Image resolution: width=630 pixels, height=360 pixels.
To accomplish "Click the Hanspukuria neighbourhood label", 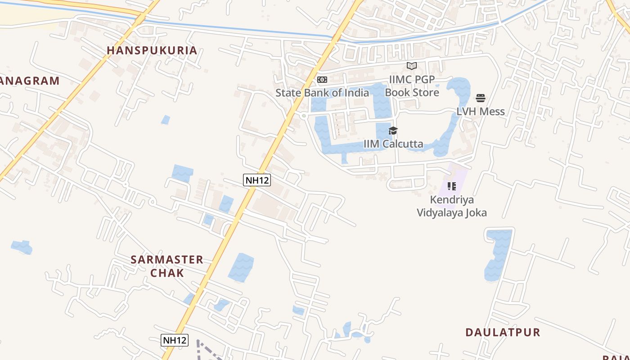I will pyautogui.click(x=152, y=50).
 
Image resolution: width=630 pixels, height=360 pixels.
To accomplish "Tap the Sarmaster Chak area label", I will pyautogui.click(x=167, y=266).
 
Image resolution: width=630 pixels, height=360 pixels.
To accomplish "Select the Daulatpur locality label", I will pyautogui.click(x=503, y=333).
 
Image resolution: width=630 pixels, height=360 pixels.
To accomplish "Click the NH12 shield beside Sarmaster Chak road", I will pyautogui.click(x=257, y=180).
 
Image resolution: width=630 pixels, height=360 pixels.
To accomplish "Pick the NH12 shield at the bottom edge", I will pyautogui.click(x=174, y=340).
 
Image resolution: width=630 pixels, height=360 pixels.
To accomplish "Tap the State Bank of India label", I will pyautogui.click(x=322, y=93).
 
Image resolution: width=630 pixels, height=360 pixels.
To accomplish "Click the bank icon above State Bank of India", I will pyautogui.click(x=322, y=80).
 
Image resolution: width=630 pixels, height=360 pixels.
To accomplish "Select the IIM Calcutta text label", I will pyautogui.click(x=393, y=144).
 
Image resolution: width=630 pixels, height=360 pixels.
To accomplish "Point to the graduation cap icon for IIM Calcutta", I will pyautogui.click(x=393, y=131).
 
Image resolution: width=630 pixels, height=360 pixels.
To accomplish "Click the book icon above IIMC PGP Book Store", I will pyautogui.click(x=412, y=66).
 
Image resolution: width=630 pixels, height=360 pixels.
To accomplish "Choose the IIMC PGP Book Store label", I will pyautogui.click(x=412, y=86).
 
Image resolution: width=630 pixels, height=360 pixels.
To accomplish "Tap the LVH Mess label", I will pyautogui.click(x=481, y=112).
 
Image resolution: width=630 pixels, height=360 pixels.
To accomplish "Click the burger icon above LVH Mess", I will pyautogui.click(x=481, y=98).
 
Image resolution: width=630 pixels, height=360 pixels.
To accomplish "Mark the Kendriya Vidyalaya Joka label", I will pyautogui.click(x=452, y=206).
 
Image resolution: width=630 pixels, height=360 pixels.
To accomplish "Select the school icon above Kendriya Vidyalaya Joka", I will pyautogui.click(x=452, y=186).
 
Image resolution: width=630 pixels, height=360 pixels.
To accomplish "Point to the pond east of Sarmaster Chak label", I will pyautogui.click(x=241, y=267).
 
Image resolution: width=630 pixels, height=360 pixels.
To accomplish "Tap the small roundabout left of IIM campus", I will pyautogui.click(x=304, y=116).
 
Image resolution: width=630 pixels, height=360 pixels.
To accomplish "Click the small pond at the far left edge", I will pyautogui.click(x=22, y=247).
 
